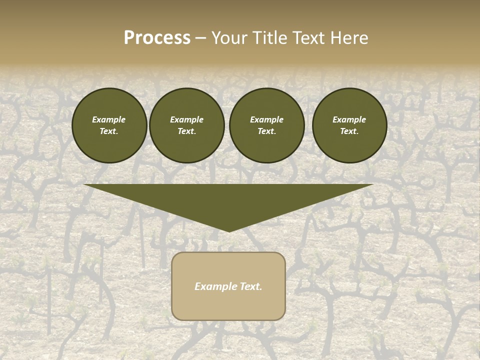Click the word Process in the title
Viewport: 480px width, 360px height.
pos(157,38)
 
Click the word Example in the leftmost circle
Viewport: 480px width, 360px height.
pos(109,119)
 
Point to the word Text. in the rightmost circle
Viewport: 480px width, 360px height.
pos(349,131)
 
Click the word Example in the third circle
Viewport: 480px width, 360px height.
pos(266,119)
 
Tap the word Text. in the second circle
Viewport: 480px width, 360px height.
pos(186,131)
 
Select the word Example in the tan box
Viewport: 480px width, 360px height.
pos(215,286)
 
